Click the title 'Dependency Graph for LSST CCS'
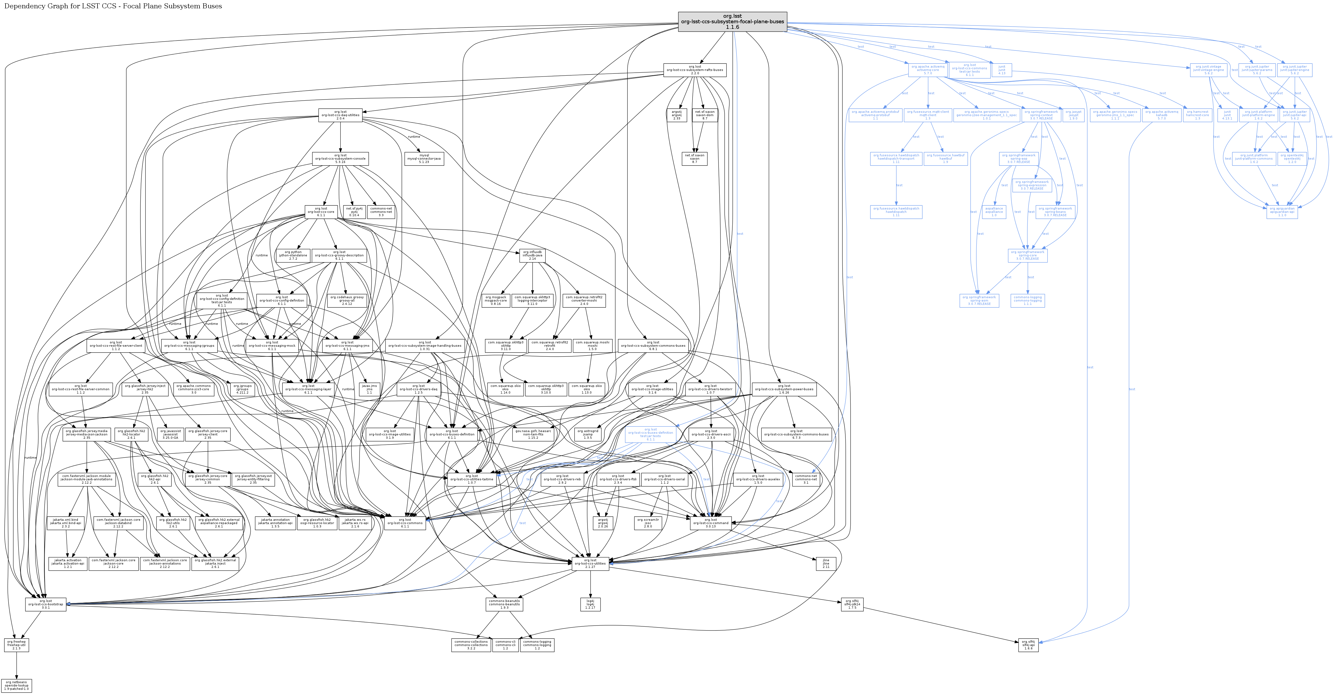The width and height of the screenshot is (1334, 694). [x=113, y=6]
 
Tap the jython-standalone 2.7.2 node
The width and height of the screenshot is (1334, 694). [x=293, y=255]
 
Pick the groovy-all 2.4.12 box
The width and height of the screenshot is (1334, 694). [x=347, y=301]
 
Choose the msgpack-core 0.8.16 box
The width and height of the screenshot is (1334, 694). [x=496, y=301]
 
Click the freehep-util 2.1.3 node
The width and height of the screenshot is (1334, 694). [x=17, y=645]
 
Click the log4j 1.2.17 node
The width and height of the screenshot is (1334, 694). [x=590, y=604]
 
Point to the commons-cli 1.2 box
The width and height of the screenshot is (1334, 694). [x=506, y=645]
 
